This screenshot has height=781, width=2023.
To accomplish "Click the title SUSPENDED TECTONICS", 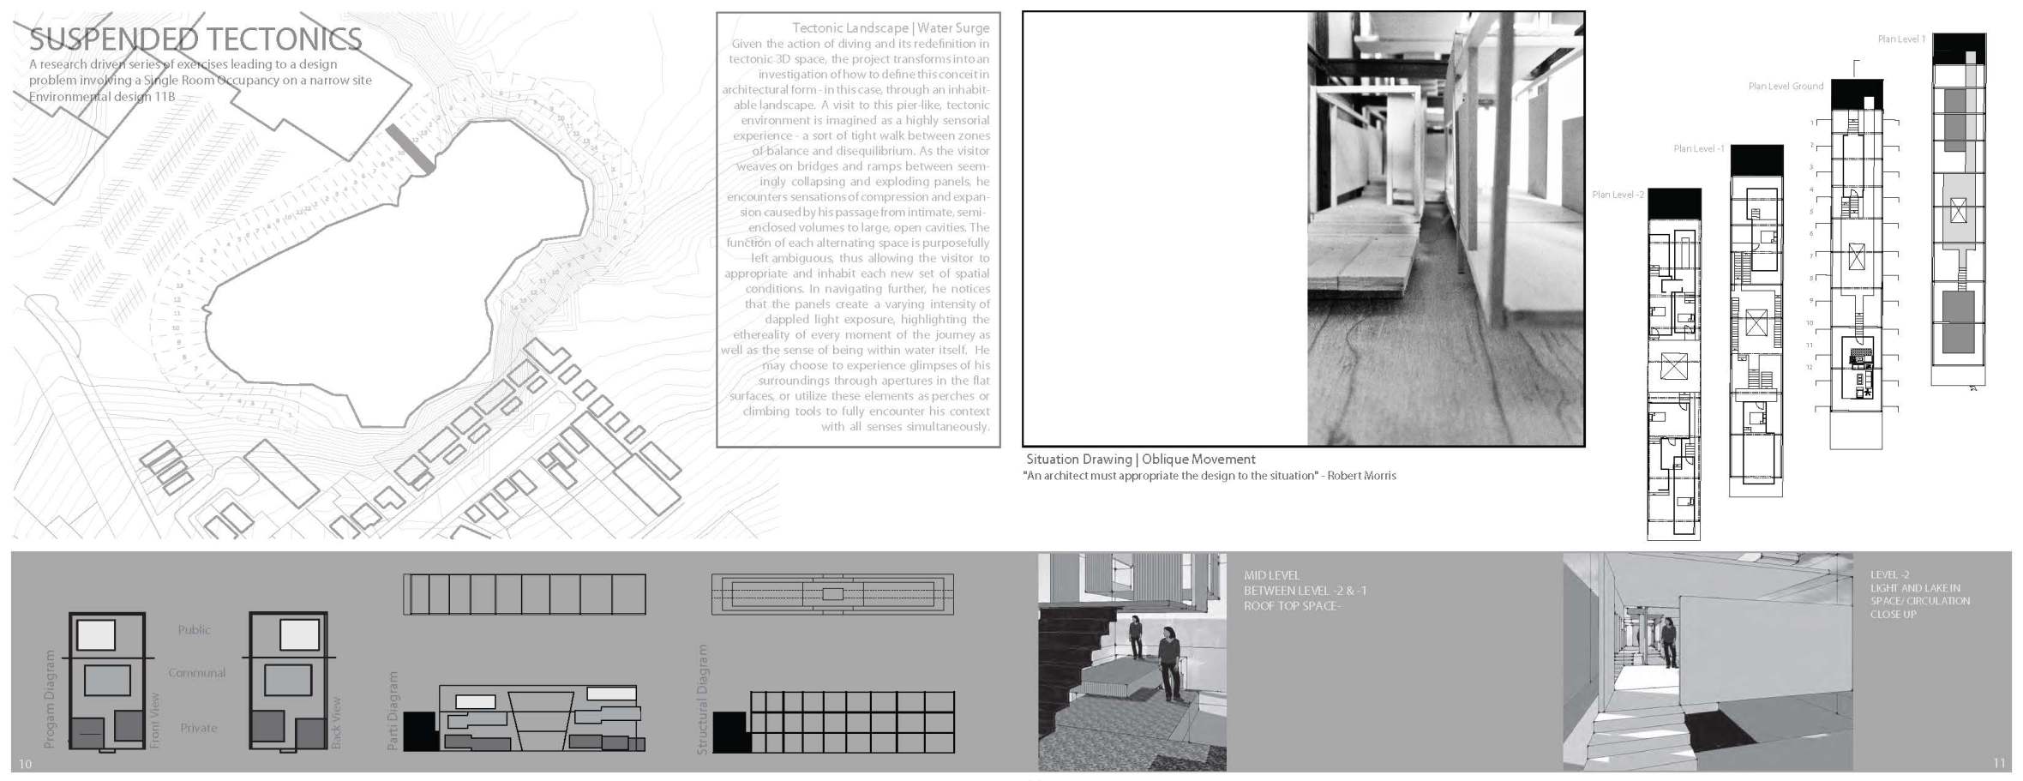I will [x=195, y=39].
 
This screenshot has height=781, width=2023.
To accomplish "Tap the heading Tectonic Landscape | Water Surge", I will [x=890, y=28].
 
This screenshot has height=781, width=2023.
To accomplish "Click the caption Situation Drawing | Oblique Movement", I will [x=1140, y=460].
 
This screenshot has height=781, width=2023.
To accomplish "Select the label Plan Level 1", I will [x=1901, y=39].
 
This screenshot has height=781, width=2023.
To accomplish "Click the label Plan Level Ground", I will [x=1786, y=87].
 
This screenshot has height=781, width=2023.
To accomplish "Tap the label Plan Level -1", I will [x=1698, y=149].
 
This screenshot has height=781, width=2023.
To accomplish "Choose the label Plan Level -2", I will [x=1618, y=195].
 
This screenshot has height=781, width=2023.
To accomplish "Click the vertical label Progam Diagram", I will [x=49, y=699].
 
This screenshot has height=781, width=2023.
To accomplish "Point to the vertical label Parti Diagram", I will [x=393, y=711].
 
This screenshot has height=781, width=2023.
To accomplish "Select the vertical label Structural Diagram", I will [x=702, y=700].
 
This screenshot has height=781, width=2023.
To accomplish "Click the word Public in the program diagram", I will [x=194, y=630].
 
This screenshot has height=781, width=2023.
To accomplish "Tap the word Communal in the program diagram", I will [x=196, y=673].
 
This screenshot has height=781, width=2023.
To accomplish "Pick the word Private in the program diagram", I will [x=198, y=728].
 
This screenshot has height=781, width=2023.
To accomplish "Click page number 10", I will [x=25, y=764].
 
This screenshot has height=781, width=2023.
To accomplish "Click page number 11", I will [x=1999, y=763].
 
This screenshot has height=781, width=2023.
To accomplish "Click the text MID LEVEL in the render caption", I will [x=1271, y=575].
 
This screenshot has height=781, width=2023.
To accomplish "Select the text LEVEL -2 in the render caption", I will [x=1889, y=575].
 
